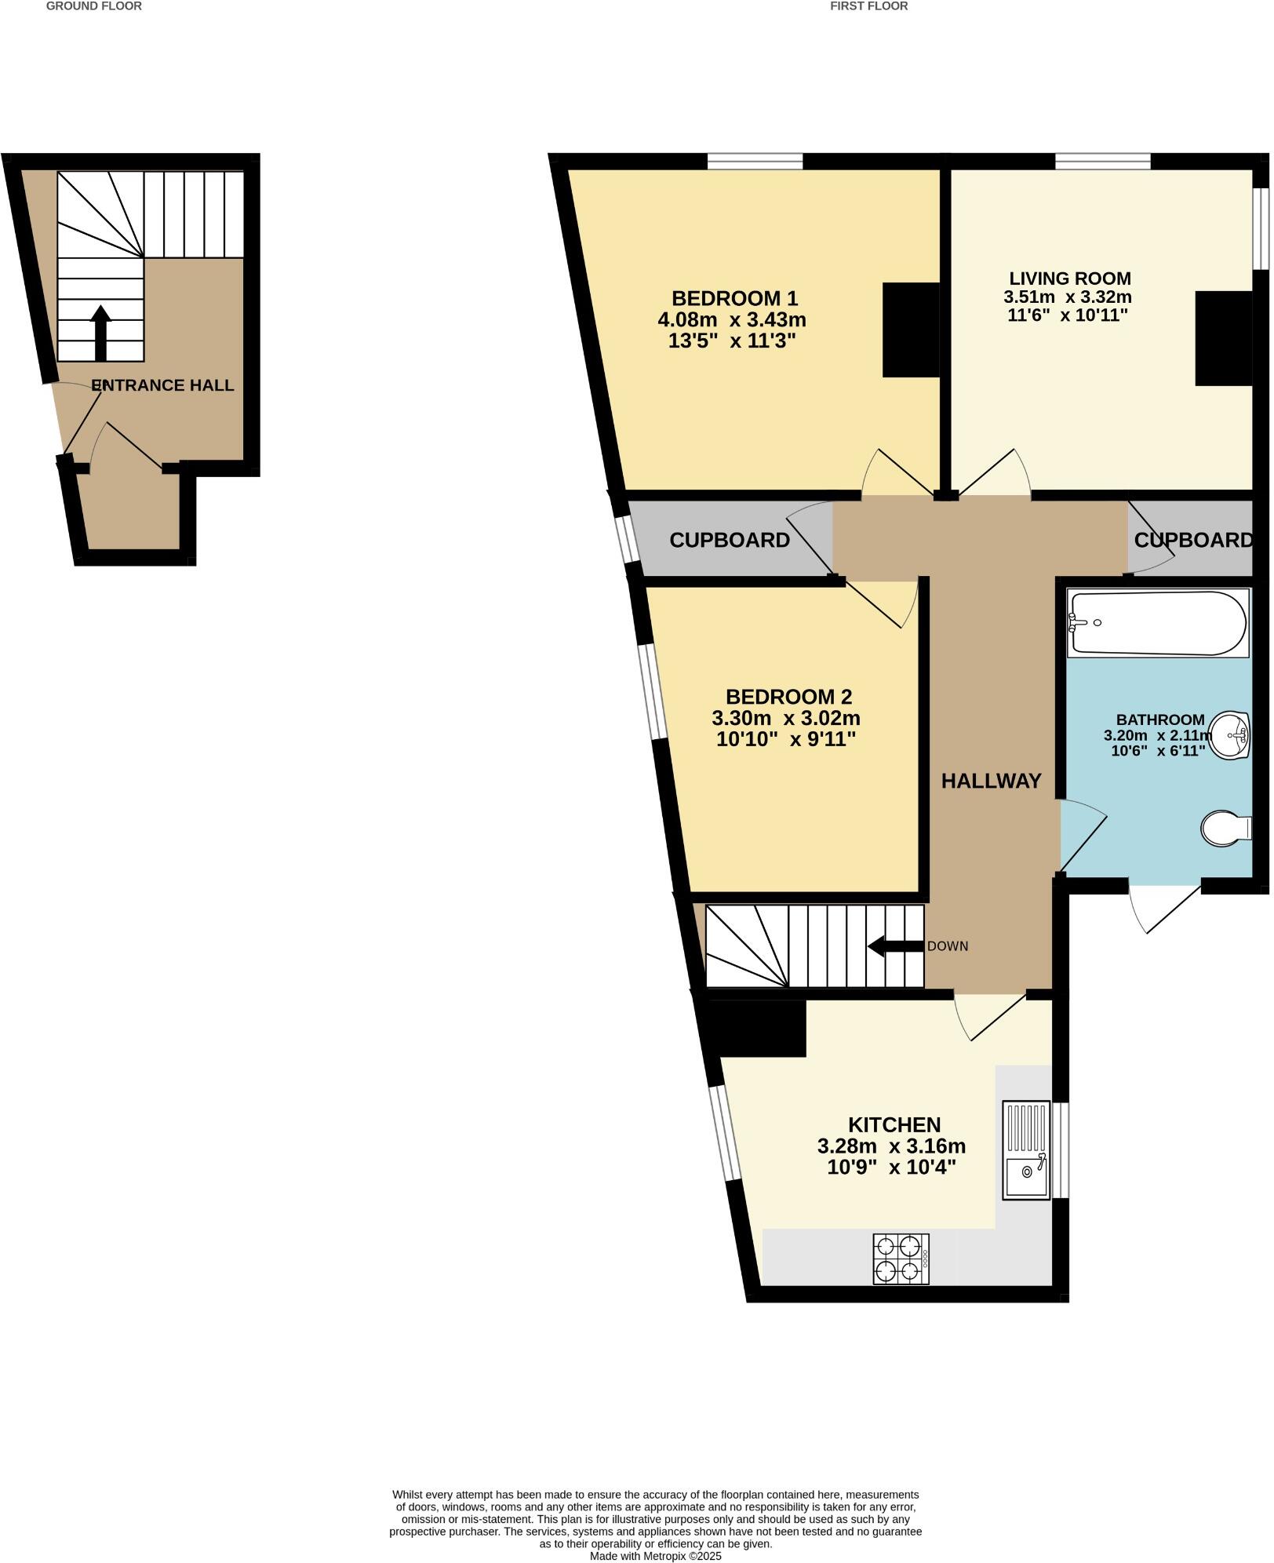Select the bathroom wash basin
pyautogui.click(x=1231, y=735)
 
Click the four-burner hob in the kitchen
pyautogui.click(x=901, y=1259)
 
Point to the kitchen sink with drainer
pyautogui.click(x=1026, y=1150)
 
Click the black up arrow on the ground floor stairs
pyautogui.click(x=100, y=333)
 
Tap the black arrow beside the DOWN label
pyautogui.click(x=895, y=945)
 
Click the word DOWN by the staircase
pyautogui.click(x=948, y=946)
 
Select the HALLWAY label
pyautogui.click(x=991, y=781)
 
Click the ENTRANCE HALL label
pyautogui.click(x=162, y=385)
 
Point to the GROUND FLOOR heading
pyautogui.click(x=94, y=6)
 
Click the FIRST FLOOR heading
pyautogui.click(x=868, y=6)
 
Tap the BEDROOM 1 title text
pyautogui.click(x=734, y=298)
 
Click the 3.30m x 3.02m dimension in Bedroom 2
pyautogui.click(x=785, y=718)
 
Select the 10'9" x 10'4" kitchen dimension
pyautogui.click(x=891, y=1167)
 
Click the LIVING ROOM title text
pyautogui.click(x=1069, y=279)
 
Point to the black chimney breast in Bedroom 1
pyautogui.click(x=911, y=330)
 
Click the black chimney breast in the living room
pyautogui.click(x=1223, y=338)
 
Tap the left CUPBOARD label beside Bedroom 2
pyautogui.click(x=729, y=540)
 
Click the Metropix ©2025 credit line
pyautogui.click(x=655, y=1556)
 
